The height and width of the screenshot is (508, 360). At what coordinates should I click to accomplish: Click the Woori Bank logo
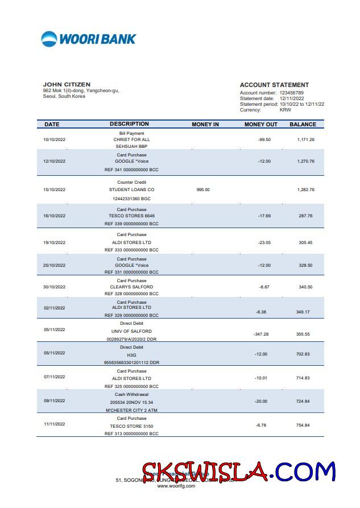[x=89, y=39]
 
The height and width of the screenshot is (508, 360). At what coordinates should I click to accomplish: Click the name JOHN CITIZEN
[x=67, y=85]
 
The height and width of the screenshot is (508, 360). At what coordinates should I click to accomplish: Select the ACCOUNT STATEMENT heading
[x=274, y=85]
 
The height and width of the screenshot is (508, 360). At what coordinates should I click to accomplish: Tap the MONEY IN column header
[x=205, y=124]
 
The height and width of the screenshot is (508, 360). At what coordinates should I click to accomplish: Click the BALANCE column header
[x=303, y=124]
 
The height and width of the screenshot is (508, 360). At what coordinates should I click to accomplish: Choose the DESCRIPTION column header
[x=129, y=124]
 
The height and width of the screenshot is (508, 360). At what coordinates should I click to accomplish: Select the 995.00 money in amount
[x=203, y=189]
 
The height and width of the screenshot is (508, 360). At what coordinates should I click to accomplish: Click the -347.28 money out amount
[x=261, y=334]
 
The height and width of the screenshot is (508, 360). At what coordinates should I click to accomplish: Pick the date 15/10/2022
[x=55, y=189]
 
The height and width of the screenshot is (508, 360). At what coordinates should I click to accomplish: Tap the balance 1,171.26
[x=305, y=139]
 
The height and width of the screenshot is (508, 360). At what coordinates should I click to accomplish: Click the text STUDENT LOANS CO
[x=131, y=189]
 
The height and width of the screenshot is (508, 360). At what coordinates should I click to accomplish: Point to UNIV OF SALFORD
[x=131, y=331]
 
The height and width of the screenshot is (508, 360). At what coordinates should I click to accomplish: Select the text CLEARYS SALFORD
[x=131, y=287]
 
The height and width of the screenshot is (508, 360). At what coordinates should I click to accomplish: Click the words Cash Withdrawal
[x=131, y=394]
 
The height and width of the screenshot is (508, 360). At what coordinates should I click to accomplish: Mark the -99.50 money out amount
[x=264, y=139]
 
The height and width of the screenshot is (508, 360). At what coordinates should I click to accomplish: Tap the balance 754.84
[x=303, y=426]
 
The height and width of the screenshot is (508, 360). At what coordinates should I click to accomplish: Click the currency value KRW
[x=285, y=110]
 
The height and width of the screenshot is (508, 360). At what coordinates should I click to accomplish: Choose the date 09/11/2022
[x=55, y=401]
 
